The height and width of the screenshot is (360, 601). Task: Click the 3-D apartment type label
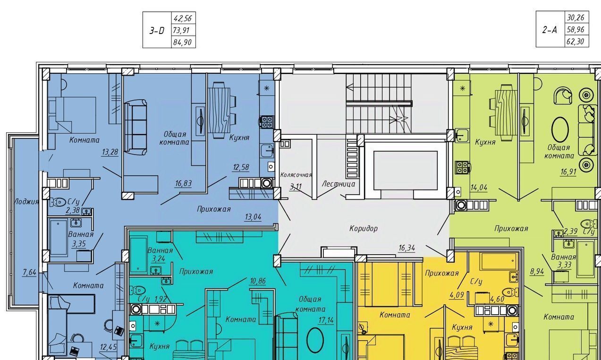pos(157,31)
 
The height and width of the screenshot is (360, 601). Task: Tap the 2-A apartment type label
pos(550,30)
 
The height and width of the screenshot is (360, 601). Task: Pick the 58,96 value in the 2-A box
pos(576,29)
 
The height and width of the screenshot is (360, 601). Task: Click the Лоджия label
pos(26,201)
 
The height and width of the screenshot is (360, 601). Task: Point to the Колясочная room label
pos(296,175)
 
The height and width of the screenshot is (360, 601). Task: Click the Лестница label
pos(339,184)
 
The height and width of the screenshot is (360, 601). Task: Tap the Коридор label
pos(364,229)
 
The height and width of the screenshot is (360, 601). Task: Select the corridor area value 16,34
pos(407,248)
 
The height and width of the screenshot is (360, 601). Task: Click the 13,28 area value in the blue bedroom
pos(110,152)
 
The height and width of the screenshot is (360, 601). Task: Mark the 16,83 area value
pos(184,184)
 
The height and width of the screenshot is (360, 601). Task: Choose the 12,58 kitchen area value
pos(241,167)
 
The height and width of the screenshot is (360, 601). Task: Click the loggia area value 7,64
pos(30,273)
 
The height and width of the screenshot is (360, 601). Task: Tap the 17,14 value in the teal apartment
pos(326,320)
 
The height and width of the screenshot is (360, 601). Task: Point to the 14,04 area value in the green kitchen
pos(479,188)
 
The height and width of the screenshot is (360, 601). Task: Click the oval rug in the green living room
pos(560,129)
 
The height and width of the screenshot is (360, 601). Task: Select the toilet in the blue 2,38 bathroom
pos(58,202)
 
